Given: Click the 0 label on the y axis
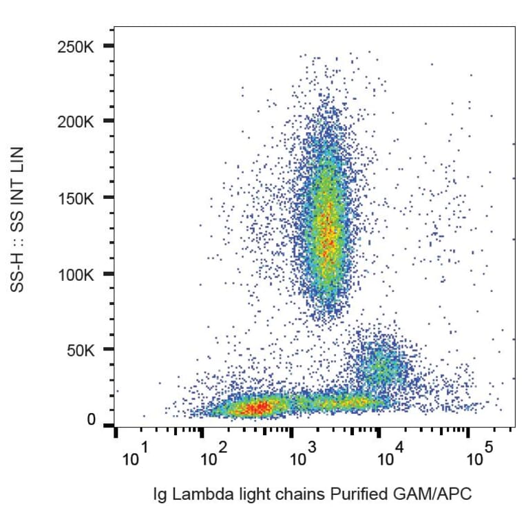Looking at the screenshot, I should pos(92,419).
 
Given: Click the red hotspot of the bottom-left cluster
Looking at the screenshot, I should pos(258,408).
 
